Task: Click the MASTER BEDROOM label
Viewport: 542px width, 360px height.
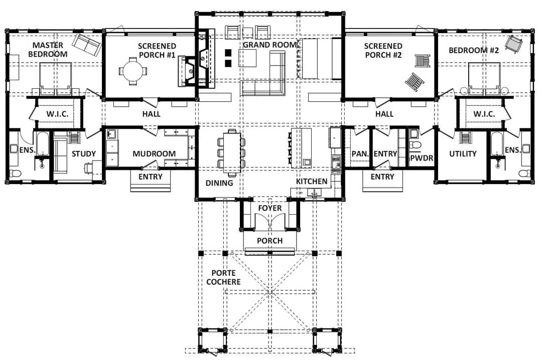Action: point(48,50)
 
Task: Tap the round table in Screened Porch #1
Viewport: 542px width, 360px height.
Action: point(133,71)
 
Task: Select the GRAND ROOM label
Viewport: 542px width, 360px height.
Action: point(269,45)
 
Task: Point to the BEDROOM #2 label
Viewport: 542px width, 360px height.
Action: point(474,51)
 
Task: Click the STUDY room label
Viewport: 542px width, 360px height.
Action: point(84,154)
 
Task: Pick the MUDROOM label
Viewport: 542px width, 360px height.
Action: point(154,154)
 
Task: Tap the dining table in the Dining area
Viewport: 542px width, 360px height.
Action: point(232,152)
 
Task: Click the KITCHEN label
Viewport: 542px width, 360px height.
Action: point(312,182)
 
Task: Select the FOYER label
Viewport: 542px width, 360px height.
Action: point(270,208)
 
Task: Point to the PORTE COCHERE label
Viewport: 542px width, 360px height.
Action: point(224,278)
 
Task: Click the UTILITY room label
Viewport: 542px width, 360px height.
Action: point(463,154)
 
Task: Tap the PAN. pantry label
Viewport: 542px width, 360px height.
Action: point(360,154)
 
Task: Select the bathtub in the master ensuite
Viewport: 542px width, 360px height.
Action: point(43,144)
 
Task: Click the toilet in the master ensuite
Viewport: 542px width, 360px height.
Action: point(15,173)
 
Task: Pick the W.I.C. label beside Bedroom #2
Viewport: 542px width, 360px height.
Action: point(484,114)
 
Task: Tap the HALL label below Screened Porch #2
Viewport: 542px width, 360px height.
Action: point(384,114)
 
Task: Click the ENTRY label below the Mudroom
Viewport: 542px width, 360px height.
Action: point(151,177)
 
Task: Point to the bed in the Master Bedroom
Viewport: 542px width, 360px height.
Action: point(56,79)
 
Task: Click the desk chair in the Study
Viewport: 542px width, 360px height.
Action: point(88,168)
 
